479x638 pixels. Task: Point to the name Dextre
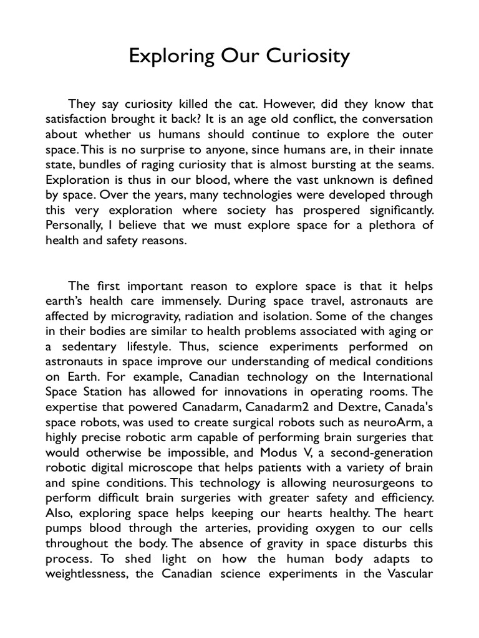[344, 407]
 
